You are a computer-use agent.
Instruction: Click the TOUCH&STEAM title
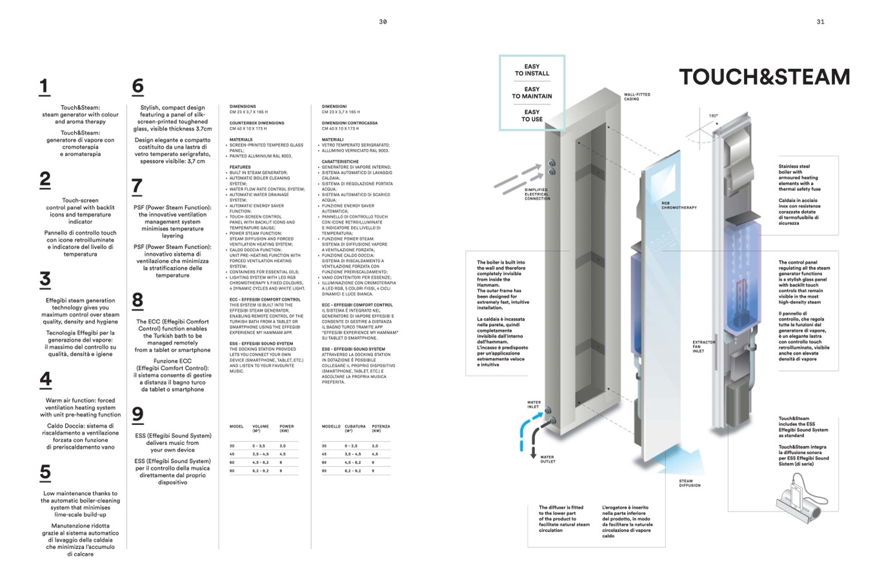[764, 77]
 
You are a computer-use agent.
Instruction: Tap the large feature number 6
[137, 86]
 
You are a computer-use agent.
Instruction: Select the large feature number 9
[137, 415]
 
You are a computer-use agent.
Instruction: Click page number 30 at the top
[383, 22]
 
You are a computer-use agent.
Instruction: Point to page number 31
[820, 22]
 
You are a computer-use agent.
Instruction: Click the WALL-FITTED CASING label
[637, 97]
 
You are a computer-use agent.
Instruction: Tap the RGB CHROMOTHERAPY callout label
[679, 206]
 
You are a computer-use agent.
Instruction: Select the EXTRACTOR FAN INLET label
[703, 346]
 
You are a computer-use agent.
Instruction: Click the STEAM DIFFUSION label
[689, 483]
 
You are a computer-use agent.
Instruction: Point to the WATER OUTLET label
[547, 459]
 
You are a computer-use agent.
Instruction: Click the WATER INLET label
[533, 404]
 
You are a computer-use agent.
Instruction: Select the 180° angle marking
[713, 116]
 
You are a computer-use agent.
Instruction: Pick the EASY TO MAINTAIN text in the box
[532, 93]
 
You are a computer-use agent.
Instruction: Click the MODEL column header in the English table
[236, 426]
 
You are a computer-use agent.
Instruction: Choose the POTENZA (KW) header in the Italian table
[381, 428]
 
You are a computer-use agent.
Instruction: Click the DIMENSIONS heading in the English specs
[243, 106]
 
